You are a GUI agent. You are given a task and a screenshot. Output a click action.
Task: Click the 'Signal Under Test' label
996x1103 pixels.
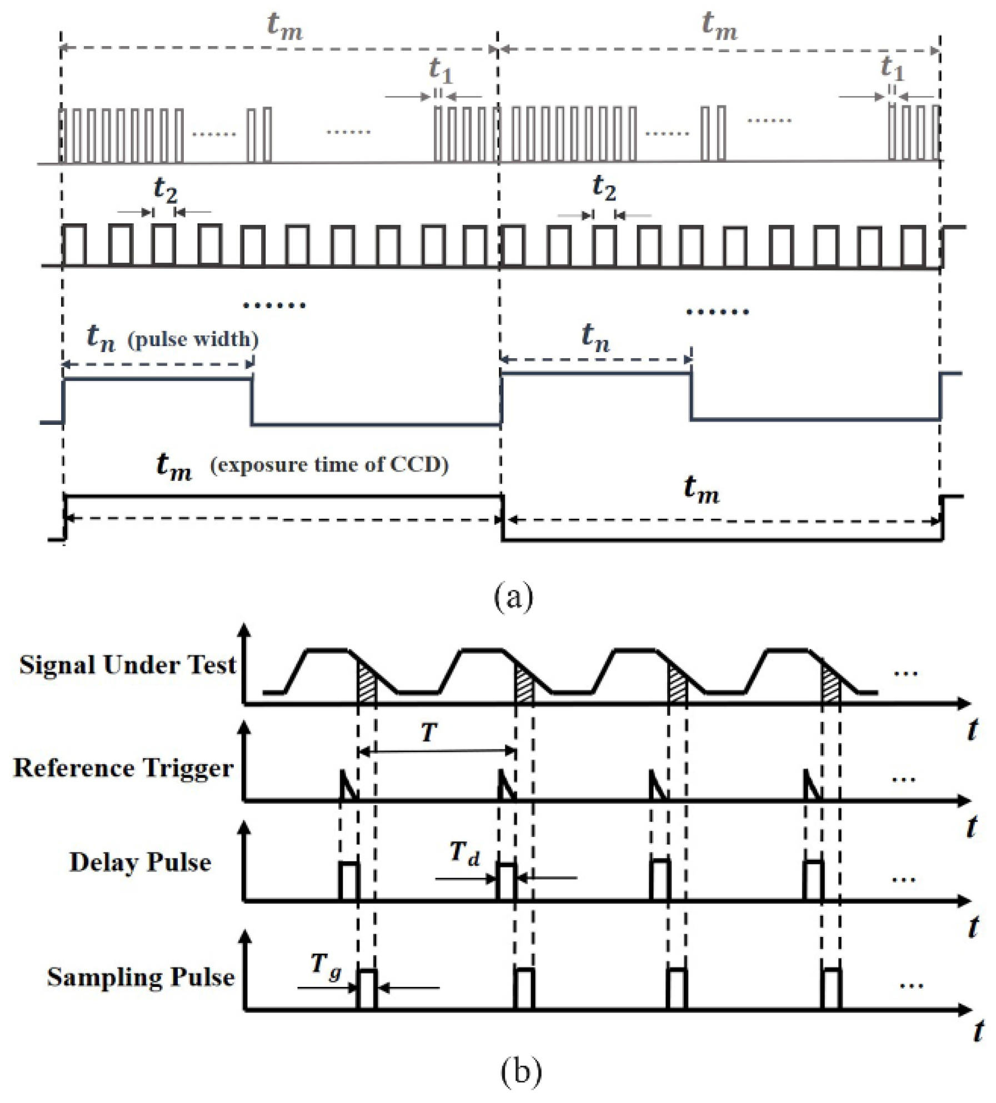(128, 665)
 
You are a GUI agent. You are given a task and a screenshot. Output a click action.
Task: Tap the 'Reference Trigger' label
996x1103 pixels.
(123, 768)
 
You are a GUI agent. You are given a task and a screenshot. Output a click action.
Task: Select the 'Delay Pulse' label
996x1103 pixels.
(140, 863)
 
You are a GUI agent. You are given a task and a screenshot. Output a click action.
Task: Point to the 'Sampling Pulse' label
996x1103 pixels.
(141, 977)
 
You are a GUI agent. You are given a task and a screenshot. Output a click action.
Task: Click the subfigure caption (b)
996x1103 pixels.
(520, 1072)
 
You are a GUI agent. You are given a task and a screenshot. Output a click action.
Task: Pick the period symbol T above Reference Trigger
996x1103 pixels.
(429, 733)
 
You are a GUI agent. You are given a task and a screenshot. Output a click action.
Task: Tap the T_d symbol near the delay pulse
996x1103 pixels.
(464, 853)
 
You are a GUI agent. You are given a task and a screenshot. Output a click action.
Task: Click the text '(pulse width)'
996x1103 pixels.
(193, 339)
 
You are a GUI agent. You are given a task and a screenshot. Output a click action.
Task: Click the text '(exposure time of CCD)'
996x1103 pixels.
(329, 464)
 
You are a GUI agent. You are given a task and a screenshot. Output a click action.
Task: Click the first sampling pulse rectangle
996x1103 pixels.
(367, 989)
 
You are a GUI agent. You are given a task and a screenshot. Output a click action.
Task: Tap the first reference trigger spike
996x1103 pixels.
(347, 785)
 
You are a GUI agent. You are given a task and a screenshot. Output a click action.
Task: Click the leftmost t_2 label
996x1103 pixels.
(166, 189)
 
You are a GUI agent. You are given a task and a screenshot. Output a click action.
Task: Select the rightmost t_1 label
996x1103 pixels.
(892, 68)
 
